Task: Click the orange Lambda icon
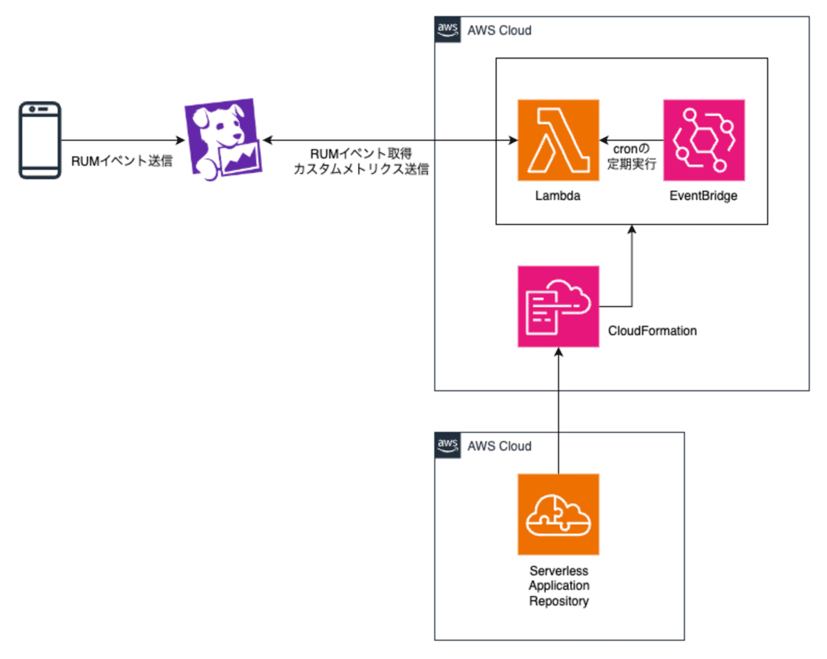558,140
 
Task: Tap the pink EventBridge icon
704,140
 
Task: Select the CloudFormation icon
558,307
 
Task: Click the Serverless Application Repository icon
558,514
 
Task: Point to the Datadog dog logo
223,139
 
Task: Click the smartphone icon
40,140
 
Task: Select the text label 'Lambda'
558,196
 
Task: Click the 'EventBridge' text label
703,196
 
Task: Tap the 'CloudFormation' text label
652,331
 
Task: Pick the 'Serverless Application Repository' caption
559,586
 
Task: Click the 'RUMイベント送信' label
122,161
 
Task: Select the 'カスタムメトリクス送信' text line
361,169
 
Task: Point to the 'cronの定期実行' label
631,157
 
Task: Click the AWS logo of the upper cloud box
448,30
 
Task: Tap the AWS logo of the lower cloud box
448,445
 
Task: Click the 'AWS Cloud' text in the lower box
499,446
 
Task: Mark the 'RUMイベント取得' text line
361,154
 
